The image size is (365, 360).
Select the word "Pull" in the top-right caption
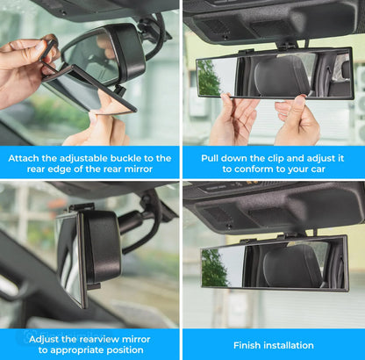[212, 158]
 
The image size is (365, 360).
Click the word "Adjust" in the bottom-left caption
[44, 338]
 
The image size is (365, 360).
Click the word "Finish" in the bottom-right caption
[249, 345]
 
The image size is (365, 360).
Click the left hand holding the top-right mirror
[230, 119]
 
